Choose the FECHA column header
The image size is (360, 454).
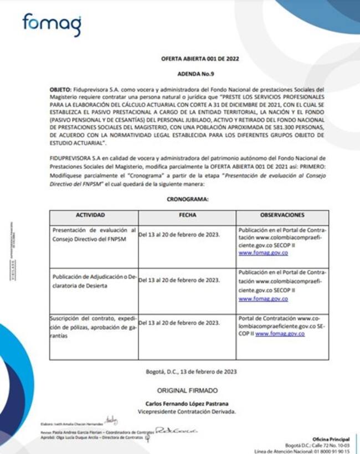[187, 215]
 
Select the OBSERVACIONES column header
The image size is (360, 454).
[282, 215]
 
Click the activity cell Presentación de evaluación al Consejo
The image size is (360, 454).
[93, 234]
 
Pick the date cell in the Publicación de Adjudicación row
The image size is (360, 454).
[179, 280]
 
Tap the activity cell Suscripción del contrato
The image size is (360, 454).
[93, 327]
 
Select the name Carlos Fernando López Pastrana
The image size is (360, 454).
[187, 404]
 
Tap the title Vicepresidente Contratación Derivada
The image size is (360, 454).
[187, 412]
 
